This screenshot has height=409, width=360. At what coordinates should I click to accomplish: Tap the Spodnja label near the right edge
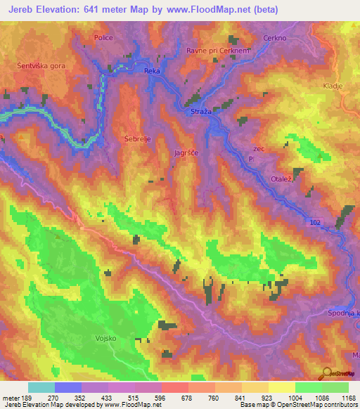pyautogui.click(x=343, y=313)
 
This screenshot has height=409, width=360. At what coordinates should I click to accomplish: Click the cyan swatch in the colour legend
pyautogui.click(x=41, y=387)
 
